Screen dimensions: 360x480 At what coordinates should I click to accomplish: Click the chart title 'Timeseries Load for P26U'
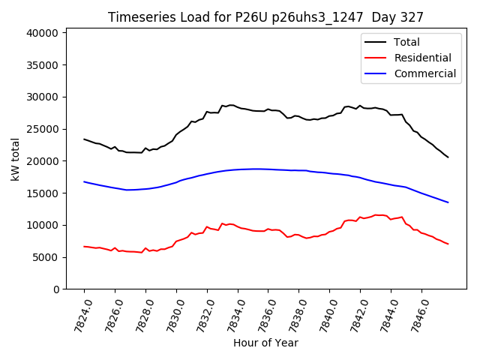265,17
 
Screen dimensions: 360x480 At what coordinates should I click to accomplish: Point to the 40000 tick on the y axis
43,33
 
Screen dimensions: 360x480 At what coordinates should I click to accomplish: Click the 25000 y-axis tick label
43,129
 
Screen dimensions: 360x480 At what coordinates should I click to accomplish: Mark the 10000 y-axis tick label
43,225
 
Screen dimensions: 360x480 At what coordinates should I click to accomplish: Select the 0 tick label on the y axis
55,289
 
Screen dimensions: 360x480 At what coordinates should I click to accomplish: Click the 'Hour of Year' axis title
265,343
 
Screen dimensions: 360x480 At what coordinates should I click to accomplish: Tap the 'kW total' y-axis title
14,160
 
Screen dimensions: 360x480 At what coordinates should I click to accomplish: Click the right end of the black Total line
448,157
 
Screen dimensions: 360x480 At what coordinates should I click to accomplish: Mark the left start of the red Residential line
84,246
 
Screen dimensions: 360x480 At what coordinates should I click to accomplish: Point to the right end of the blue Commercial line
448,202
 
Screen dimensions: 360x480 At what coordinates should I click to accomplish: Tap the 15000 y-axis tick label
43,193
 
